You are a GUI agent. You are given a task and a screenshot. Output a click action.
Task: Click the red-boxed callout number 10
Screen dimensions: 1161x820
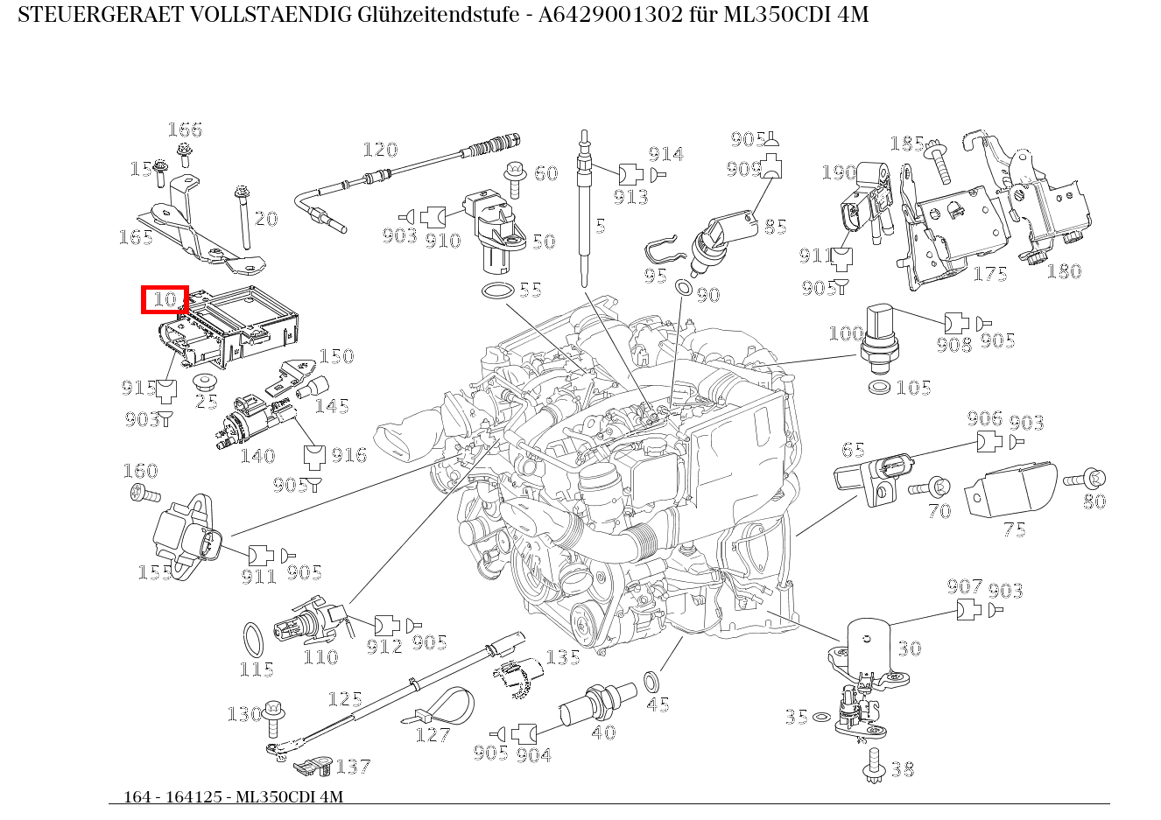coord(165,299)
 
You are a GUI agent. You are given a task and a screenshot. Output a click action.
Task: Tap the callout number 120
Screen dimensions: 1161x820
coord(381,151)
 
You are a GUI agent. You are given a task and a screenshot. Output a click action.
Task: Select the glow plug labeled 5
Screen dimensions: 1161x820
coord(584,207)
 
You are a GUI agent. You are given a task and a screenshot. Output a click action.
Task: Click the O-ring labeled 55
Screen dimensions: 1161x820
coord(498,291)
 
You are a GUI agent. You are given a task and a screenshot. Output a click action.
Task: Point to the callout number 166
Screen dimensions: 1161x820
coord(185,130)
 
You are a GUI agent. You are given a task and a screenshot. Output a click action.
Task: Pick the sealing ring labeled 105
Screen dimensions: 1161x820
coord(878,387)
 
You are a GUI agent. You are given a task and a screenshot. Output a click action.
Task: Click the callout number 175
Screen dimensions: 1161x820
coord(990,274)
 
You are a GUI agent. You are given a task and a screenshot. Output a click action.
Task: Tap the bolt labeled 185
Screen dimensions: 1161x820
coord(939,162)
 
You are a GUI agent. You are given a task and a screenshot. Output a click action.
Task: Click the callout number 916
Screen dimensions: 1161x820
coord(349,456)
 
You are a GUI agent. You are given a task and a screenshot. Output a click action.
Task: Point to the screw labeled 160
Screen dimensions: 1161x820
coord(145,493)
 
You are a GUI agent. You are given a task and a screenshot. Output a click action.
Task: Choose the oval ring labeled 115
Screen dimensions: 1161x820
coord(253,640)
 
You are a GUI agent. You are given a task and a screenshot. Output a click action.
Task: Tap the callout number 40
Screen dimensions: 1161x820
coord(604,732)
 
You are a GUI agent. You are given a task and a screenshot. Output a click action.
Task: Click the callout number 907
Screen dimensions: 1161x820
coord(965,586)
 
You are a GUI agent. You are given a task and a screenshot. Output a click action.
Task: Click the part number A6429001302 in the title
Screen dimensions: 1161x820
coord(610,15)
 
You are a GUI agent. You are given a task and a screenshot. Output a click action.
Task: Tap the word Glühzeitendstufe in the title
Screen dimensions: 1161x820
coord(439,15)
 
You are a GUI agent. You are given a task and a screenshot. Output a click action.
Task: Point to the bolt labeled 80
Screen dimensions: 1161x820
coord(1084,479)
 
